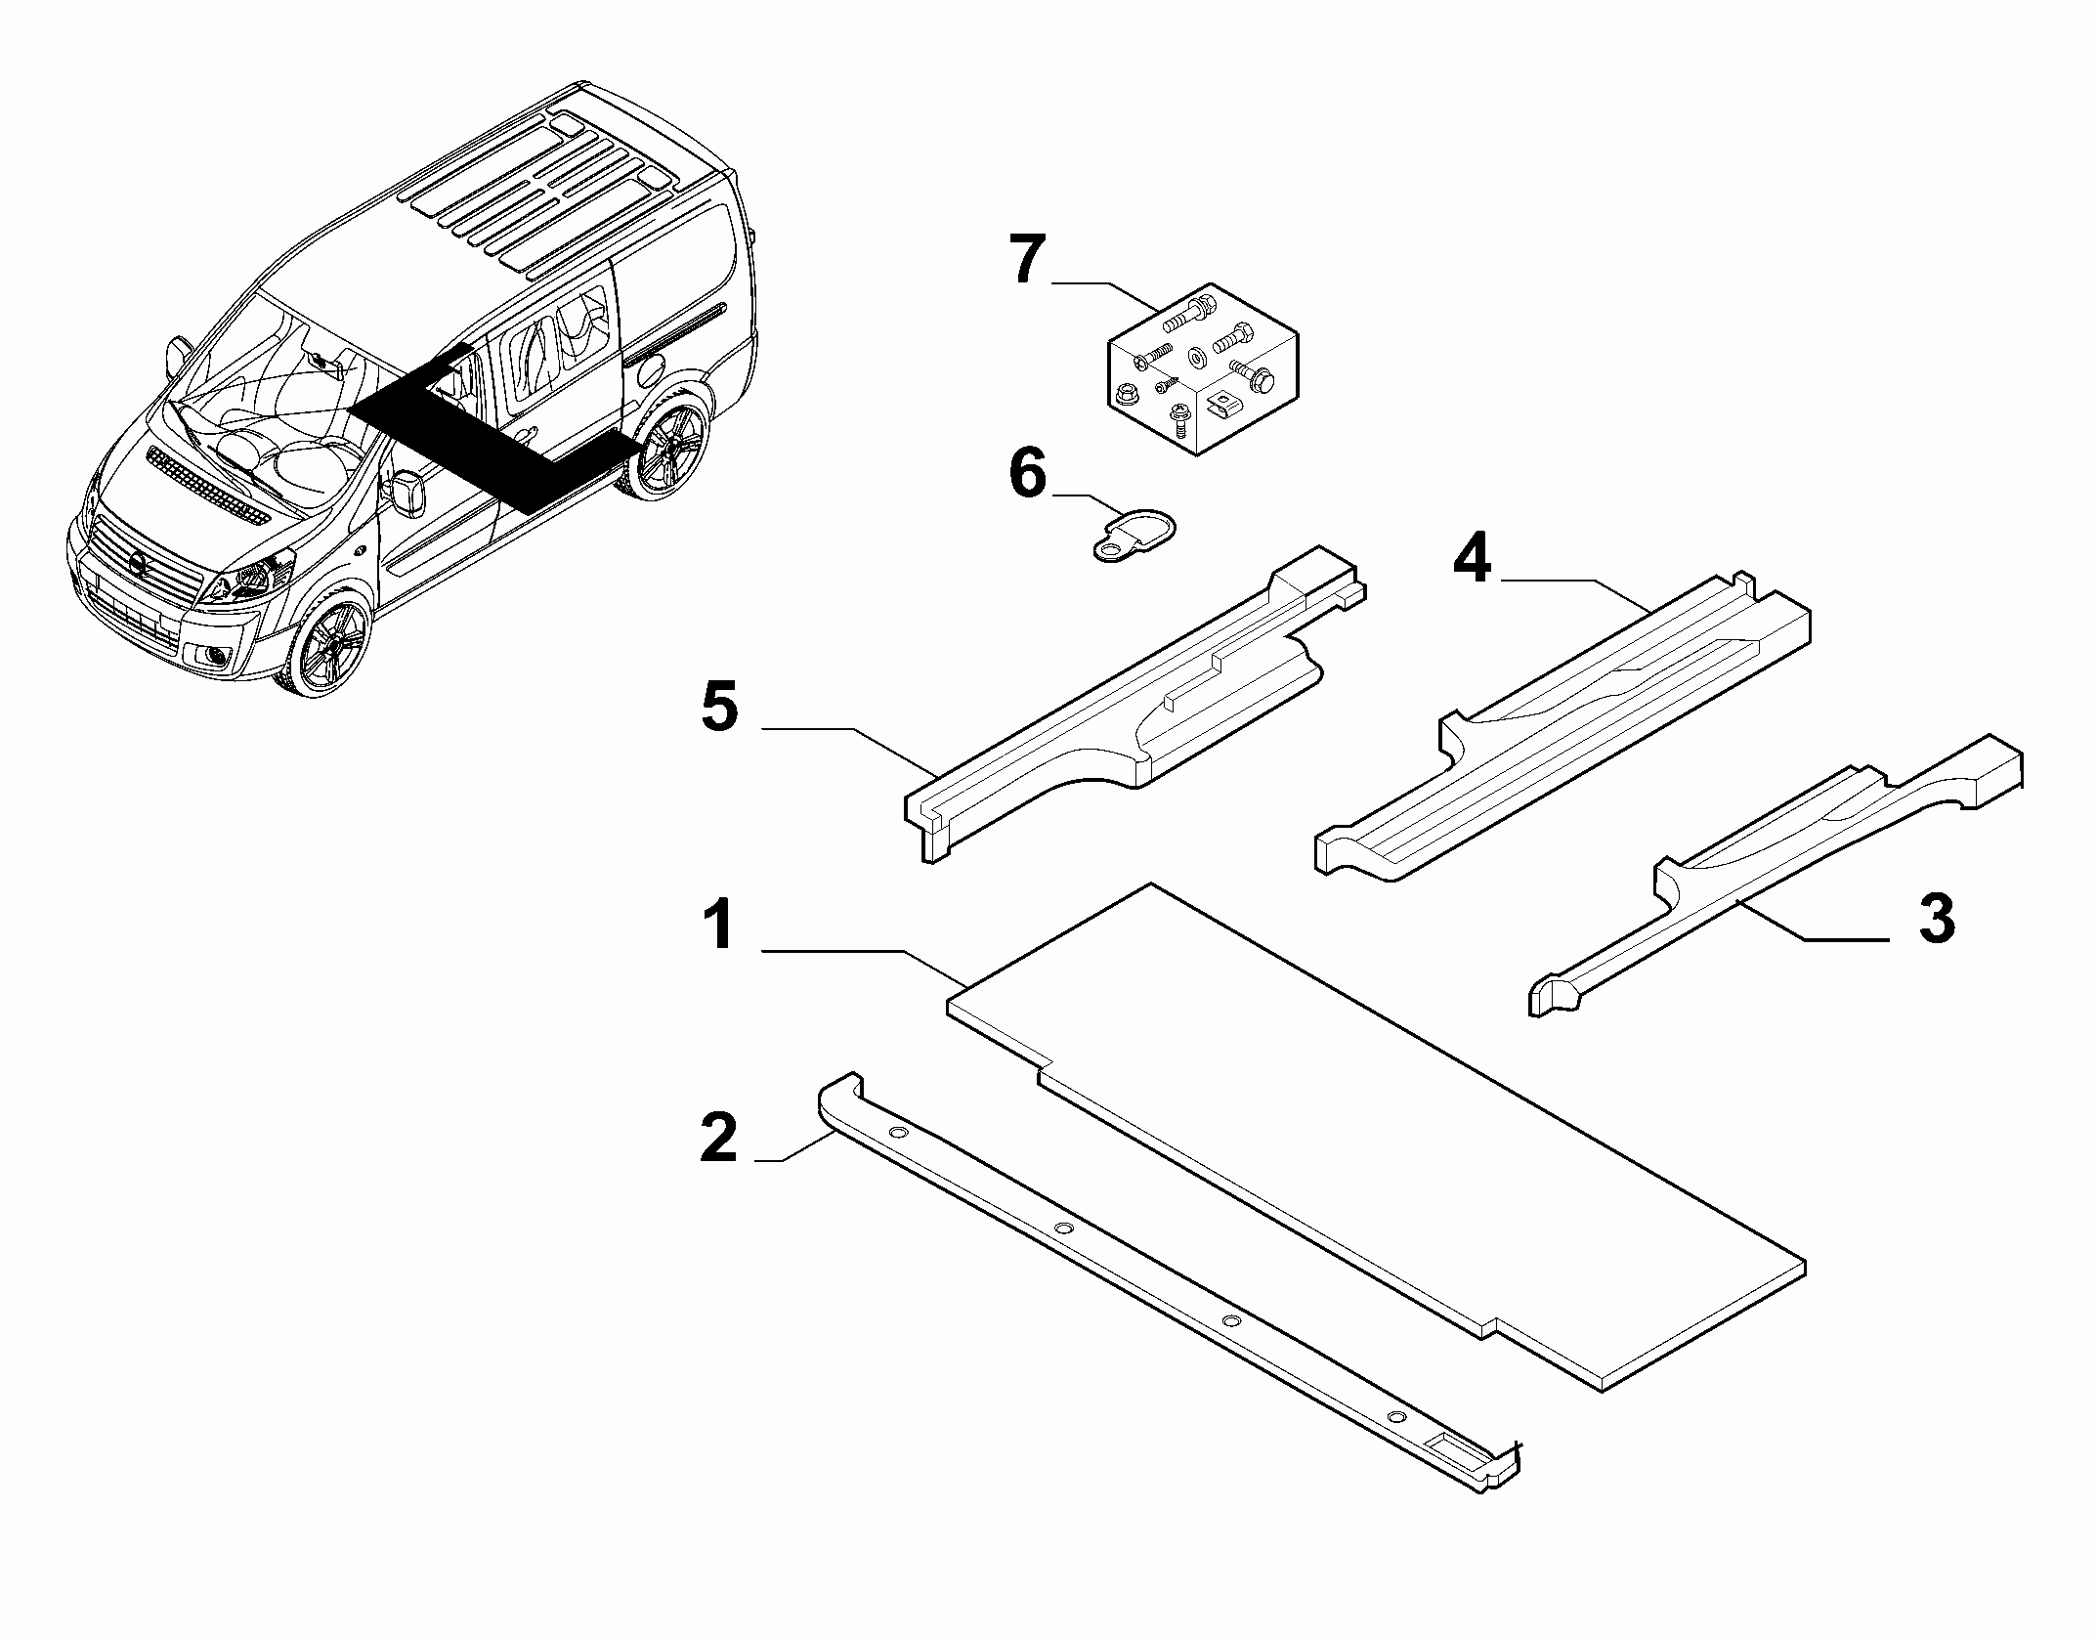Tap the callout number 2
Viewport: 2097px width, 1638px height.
tap(720, 1138)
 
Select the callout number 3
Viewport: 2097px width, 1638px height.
tap(1937, 919)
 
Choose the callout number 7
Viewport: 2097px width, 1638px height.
tap(1028, 260)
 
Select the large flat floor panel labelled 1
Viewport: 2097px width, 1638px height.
tap(1376, 1139)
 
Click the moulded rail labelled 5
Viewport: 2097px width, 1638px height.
tap(1134, 702)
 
